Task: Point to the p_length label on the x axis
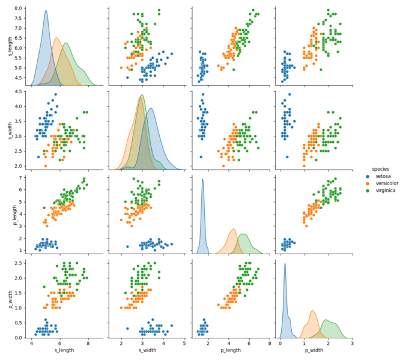tap(230, 350)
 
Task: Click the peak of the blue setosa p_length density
tap(202, 179)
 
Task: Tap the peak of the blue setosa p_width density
tap(285, 263)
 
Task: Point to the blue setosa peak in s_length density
tap(46, 11)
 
